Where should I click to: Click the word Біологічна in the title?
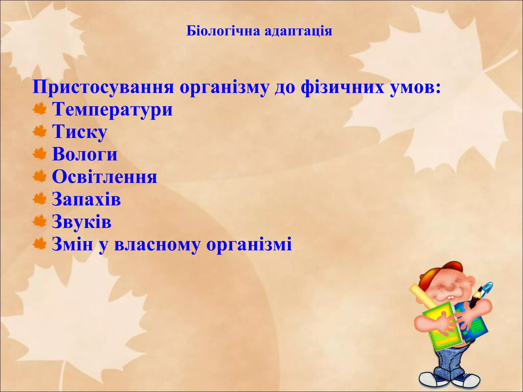[223, 31]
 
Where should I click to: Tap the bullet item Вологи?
[85, 154]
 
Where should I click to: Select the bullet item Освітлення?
[104, 177]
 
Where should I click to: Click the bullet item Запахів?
[86, 199]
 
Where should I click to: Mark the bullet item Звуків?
[82, 222]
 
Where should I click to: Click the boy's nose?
[450, 288]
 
